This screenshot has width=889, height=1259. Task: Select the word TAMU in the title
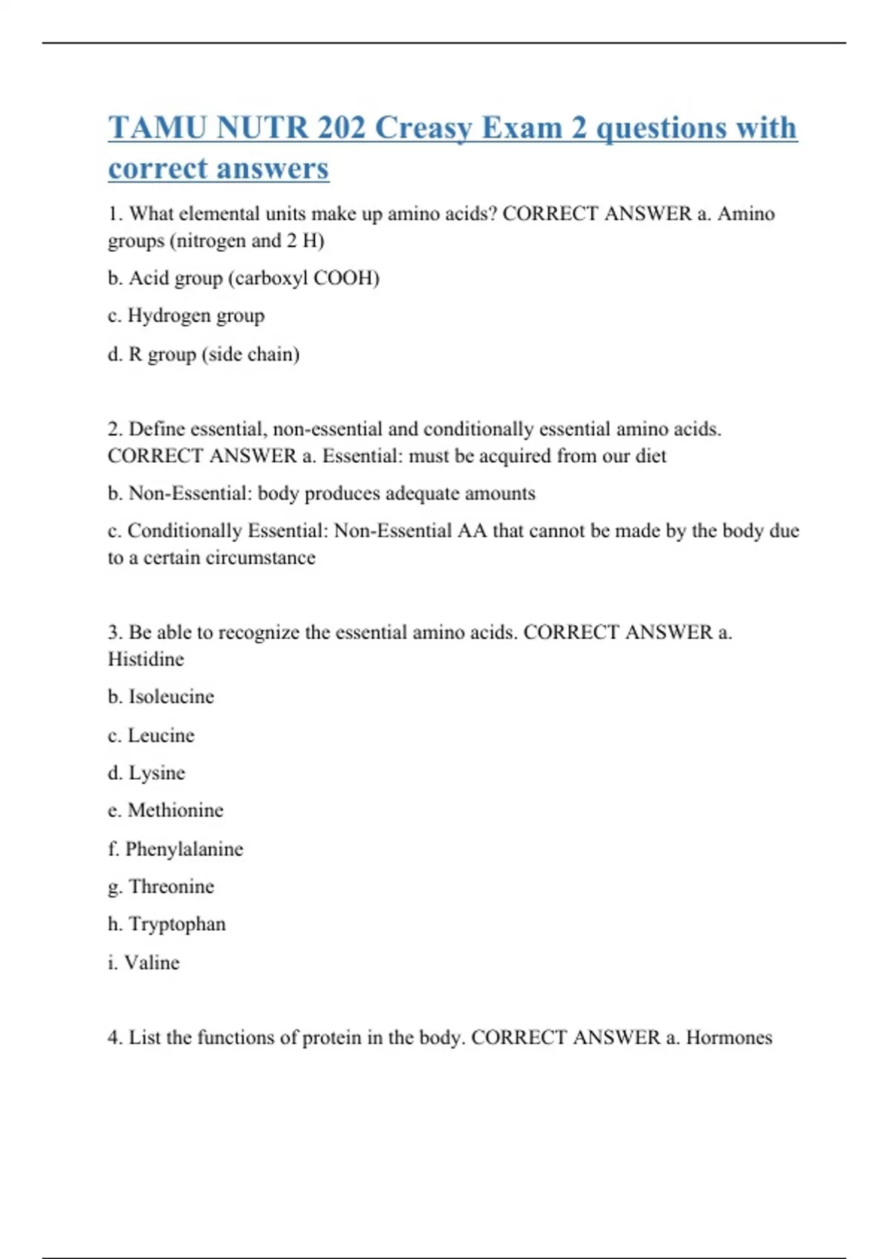(157, 128)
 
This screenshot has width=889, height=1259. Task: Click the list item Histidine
(146, 659)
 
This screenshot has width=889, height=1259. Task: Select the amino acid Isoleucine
(171, 697)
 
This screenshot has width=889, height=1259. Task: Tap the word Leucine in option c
(161, 735)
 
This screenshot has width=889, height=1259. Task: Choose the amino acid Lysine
(156, 773)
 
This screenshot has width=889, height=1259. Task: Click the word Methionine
(176, 810)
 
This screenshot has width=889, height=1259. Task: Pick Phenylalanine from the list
(184, 849)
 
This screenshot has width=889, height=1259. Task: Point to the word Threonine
(171, 886)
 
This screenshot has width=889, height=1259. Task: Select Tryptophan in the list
(177, 924)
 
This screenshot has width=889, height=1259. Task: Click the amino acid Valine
(152, 963)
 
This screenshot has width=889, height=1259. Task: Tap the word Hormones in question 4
(729, 1038)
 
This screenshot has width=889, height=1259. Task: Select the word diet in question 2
(650, 456)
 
